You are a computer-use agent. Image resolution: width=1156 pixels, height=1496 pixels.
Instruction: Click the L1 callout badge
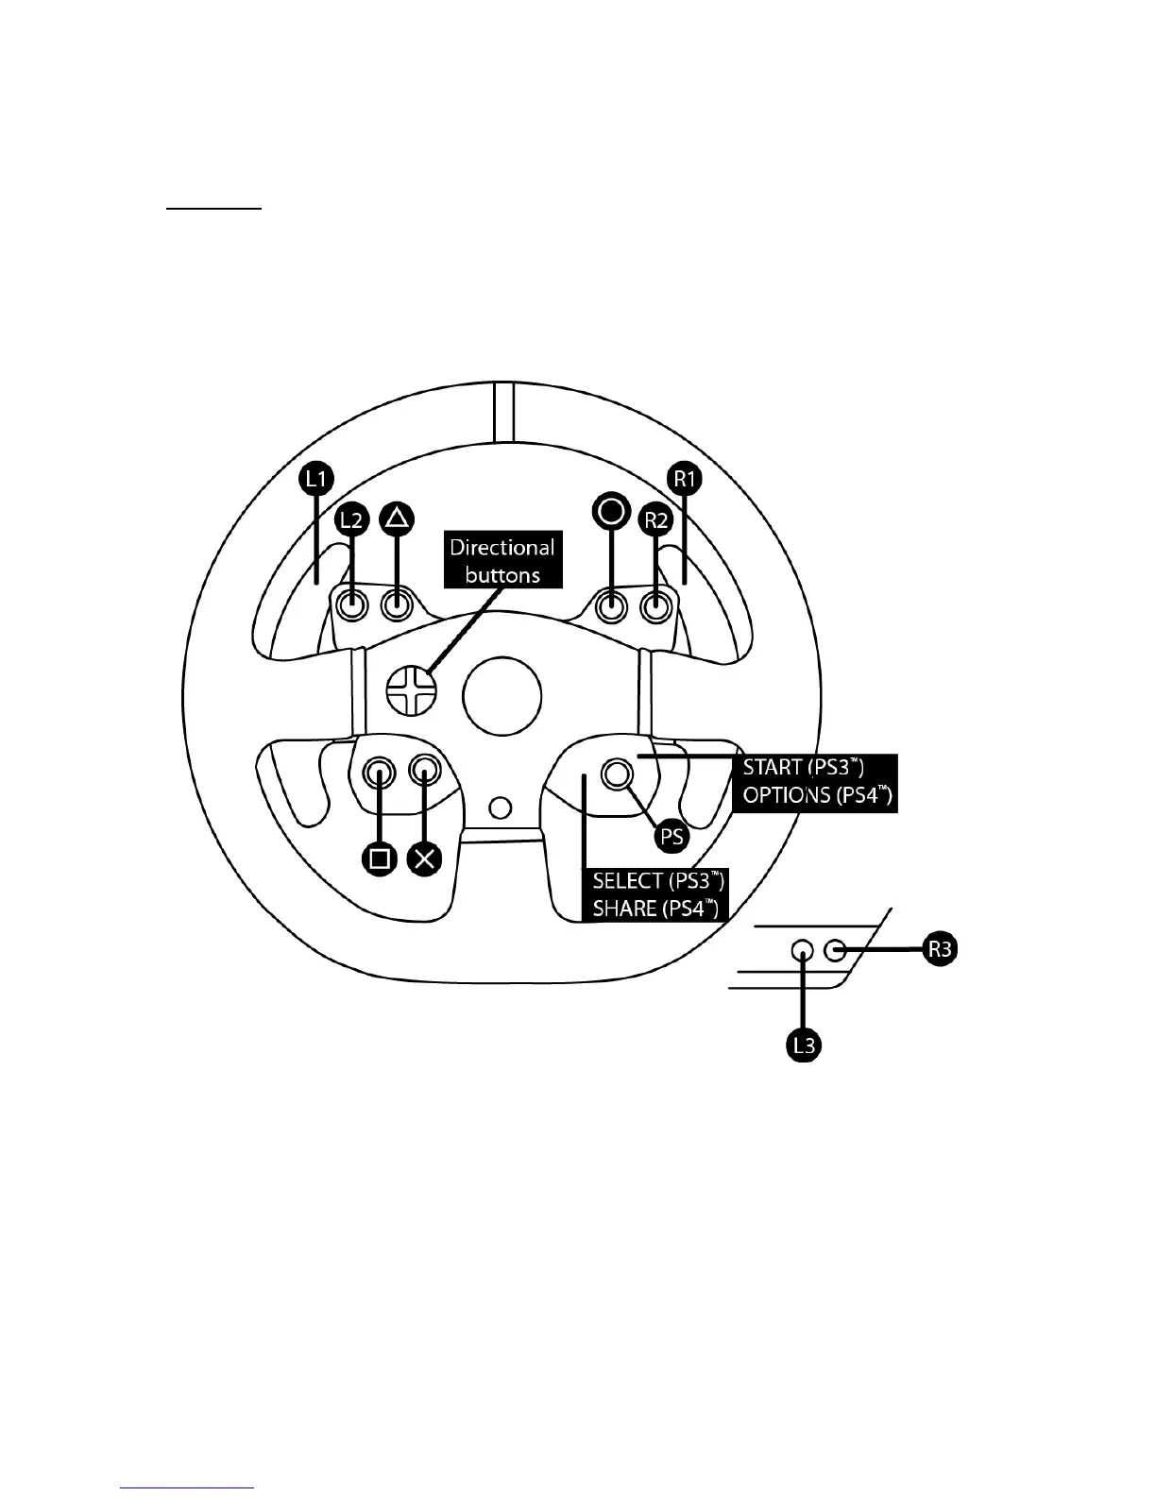tap(316, 480)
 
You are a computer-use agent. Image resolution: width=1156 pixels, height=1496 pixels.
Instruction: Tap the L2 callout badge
tap(352, 519)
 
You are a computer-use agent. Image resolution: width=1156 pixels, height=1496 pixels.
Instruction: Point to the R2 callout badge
tap(654, 519)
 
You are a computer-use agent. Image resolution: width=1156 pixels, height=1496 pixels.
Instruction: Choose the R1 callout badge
tap(683, 480)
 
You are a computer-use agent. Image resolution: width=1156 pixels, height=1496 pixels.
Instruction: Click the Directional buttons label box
tap(501, 561)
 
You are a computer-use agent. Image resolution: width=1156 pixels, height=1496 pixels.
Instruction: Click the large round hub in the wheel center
tap(502, 697)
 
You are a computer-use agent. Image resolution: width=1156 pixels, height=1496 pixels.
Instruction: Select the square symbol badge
tap(381, 858)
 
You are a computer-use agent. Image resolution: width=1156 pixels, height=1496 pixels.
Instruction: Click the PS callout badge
tap(671, 837)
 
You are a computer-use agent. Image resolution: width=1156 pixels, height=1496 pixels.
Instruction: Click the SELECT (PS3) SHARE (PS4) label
tap(658, 894)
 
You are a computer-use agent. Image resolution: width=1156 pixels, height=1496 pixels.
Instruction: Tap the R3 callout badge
tap(940, 950)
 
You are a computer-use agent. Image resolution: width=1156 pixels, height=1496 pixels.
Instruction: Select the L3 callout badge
tap(803, 1045)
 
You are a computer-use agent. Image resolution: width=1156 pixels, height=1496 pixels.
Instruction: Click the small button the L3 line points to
tap(803, 950)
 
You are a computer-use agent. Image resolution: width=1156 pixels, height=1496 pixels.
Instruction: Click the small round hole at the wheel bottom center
tap(502, 807)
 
